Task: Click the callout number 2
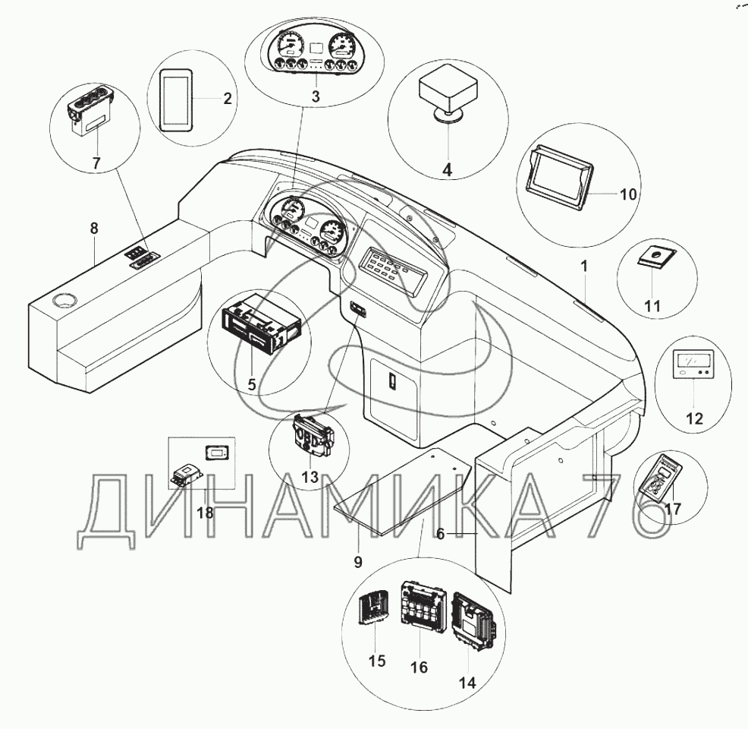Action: click(228, 99)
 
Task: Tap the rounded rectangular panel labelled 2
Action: click(176, 99)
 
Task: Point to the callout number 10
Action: click(628, 194)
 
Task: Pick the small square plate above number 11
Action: click(658, 257)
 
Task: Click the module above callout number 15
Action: click(373, 606)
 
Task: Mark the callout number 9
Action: click(358, 563)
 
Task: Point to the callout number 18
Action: click(205, 513)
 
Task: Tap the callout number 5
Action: click(251, 383)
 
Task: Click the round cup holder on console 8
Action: click(64, 301)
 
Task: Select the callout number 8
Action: click(94, 229)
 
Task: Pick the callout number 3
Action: click(316, 96)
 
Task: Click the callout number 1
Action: click(584, 267)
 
